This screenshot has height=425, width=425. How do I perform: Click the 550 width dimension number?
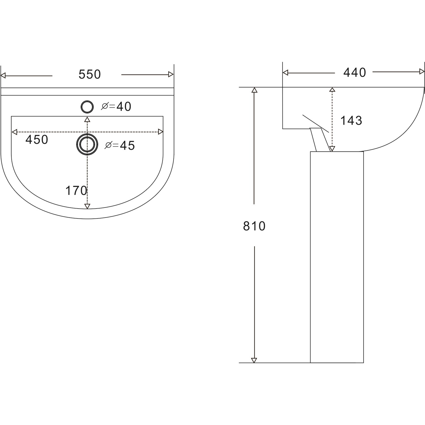(x=90, y=75)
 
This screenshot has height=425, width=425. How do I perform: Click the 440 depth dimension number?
(x=354, y=73)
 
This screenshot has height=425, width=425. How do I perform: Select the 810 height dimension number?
(x=254, y=226)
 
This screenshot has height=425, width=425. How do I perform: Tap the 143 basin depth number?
(x=351, y=121)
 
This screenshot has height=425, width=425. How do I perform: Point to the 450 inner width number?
(x=37, y=140)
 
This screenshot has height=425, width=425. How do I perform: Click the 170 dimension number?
(x=76, y=191)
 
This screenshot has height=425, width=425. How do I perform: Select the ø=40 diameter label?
(x=116, y=107)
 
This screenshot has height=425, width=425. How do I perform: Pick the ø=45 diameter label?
(x=120, y=145)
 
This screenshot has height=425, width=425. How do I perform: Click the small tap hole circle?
(x=87, y=107)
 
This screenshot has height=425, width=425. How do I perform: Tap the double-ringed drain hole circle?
(x=87, y=144)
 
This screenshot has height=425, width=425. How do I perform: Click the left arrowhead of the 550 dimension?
(x=3, y=75)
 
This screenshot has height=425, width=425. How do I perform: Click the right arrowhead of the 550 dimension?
(x=171, y=75)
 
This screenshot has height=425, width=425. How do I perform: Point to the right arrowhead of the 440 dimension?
(x=422, y=72)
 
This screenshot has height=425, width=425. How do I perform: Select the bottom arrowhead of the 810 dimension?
(x=254, y=360)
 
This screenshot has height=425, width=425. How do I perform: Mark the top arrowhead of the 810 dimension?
(x=254, y=90)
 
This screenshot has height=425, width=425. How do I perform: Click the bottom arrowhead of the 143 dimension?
(x=332, y=149)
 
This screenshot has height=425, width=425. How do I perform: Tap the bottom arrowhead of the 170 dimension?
(x=87, y=206)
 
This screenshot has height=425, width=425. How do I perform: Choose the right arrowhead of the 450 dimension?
(x=161, y=132)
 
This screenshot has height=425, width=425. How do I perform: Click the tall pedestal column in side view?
(x=337, y=255)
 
